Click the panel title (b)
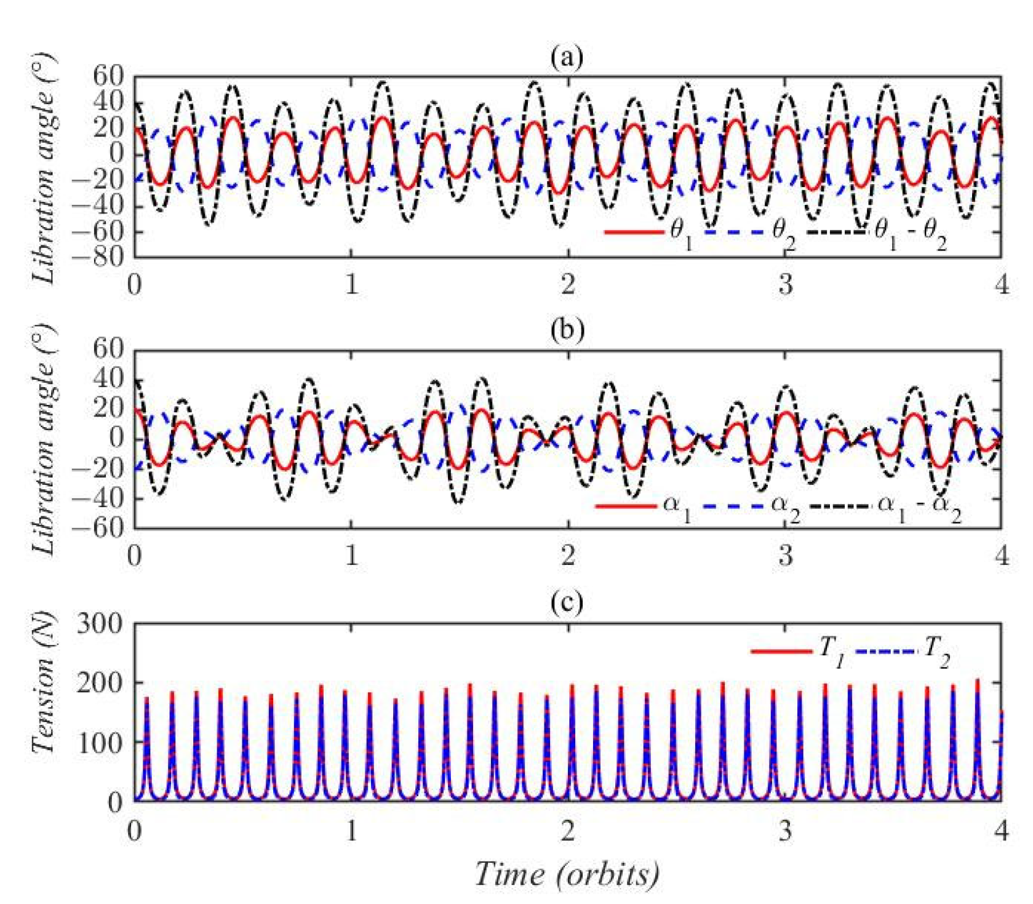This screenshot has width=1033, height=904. pos(567,330)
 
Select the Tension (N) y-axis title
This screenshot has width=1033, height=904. pos(44,683)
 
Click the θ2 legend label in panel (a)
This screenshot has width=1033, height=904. pos(783,234)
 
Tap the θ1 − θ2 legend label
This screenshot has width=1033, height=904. pos(909,234)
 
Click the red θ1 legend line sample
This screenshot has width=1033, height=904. pos(634,232)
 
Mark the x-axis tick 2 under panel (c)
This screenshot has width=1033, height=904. pos(567,831)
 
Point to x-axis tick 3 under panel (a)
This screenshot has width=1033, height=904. pos(785,284)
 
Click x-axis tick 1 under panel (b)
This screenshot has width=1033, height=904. pos(351,556)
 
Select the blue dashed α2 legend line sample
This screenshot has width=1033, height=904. pos(732,506)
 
